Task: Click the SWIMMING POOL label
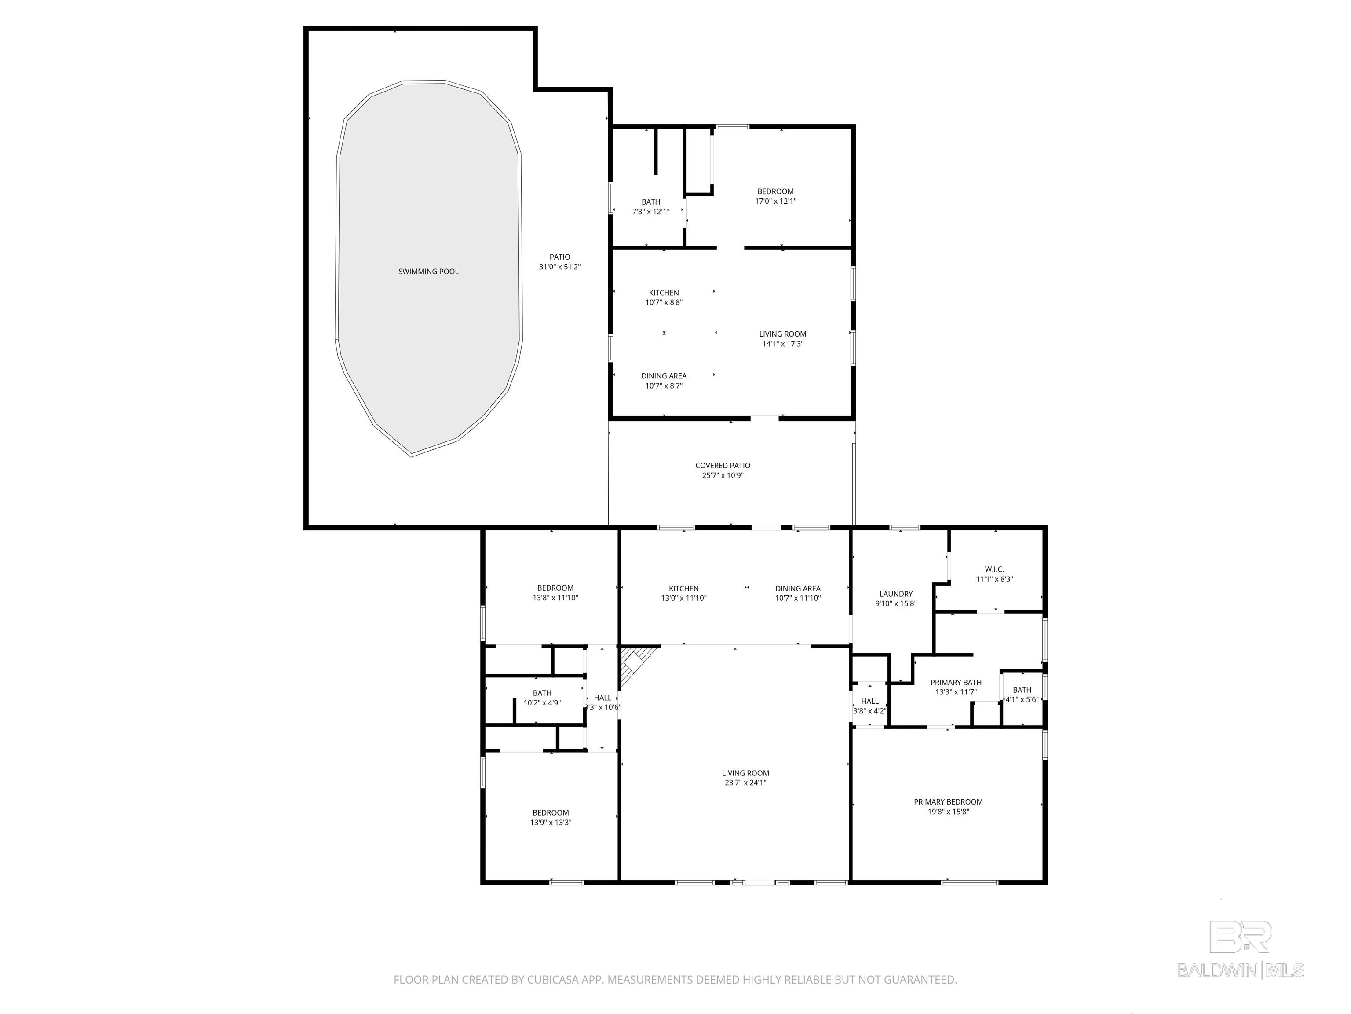coord(428,272)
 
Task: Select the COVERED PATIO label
coord(723,466)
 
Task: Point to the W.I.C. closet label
coord(994,569)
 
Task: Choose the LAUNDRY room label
coord(896,594)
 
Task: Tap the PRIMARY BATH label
coord(956,683)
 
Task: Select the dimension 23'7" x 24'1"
coord(745,783)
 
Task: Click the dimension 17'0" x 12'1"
coord(776,201)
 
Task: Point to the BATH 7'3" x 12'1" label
coord(650,206)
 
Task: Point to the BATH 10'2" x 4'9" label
coord(542,698)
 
